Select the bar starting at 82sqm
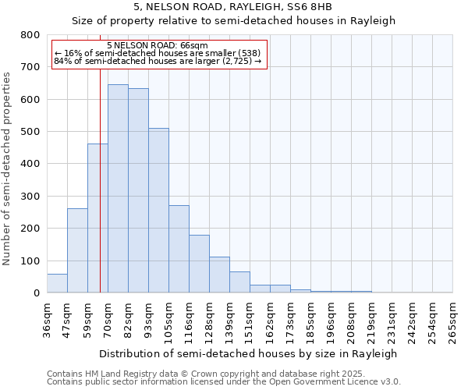pyautogui.click(x=138, y=191)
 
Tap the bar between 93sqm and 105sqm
pyautogui.click(x=158, y=211)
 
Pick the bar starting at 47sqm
pyautogui.click(x=77, y=250)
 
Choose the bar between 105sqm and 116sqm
pyautogui.click(x=179, y=249)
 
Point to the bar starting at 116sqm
pyautogui.click(x=199, y=264)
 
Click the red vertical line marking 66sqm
pyautogui.click(x=100, y=179)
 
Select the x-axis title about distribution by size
pyautogui.click(x=250, y=353)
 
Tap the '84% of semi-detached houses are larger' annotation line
pyautogui.click(x=158, y=61)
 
